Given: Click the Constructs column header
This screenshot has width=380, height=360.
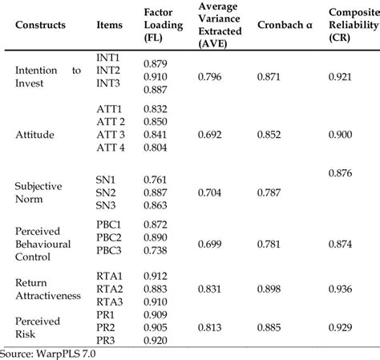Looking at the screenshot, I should (x=41, y=25).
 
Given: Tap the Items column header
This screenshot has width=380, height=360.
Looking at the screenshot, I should (x=109, y=25).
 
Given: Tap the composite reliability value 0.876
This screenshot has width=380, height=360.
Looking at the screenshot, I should (x=345, y=172).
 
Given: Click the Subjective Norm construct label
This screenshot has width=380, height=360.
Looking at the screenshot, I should (x=39, y=192).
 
